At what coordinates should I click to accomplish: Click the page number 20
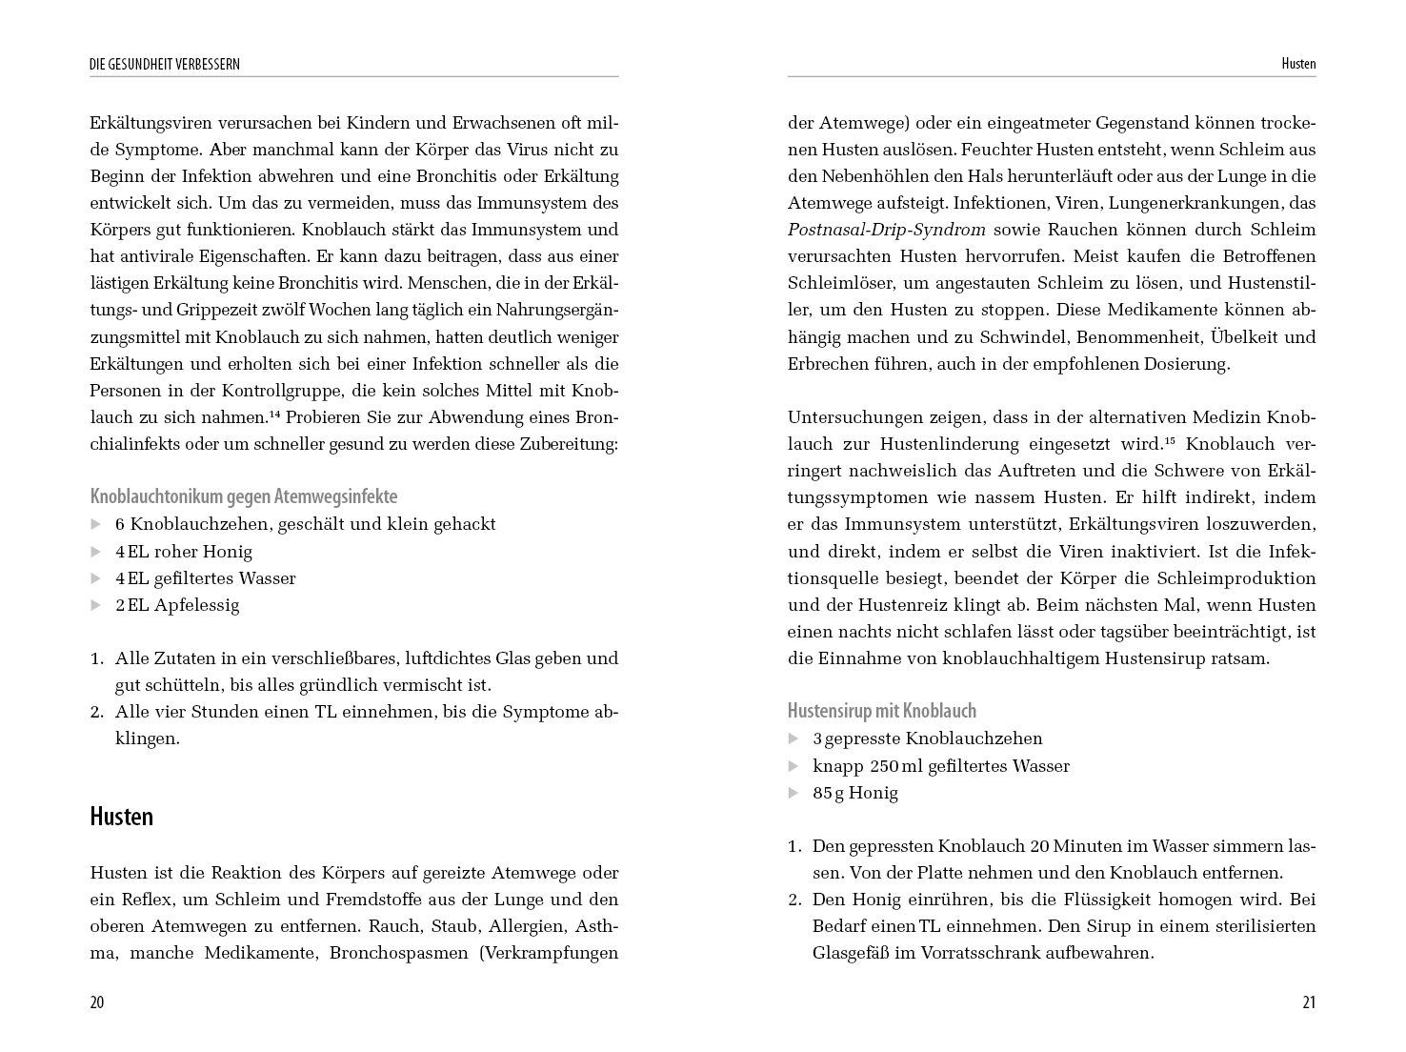(97, 1002)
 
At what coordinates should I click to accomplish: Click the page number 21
(1308, 1002)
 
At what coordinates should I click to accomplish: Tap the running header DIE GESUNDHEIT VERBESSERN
(165, 65)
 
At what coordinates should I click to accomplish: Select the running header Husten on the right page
(1298, 65)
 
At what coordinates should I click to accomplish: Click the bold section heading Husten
(121, 817)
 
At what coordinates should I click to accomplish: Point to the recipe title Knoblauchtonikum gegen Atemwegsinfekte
(244, 496)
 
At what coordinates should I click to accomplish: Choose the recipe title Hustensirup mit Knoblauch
(882, 711)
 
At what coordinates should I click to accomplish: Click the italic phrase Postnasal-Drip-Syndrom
(887, 230)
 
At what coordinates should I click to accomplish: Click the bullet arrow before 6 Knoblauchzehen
(95, 524)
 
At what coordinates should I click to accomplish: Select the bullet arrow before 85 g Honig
(793, 793)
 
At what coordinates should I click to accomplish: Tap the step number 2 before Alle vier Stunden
(96, 712)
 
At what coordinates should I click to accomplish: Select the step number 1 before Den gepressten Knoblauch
(793, 846)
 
